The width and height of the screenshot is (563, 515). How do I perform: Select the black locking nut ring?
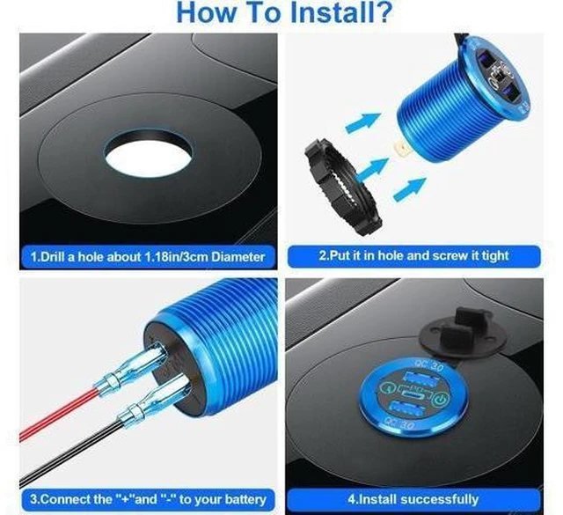(342, 187)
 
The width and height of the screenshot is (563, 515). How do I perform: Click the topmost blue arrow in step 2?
(363, 122)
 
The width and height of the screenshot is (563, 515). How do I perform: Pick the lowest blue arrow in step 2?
(410, 188)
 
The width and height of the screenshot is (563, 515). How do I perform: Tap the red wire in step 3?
(57, 413)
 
